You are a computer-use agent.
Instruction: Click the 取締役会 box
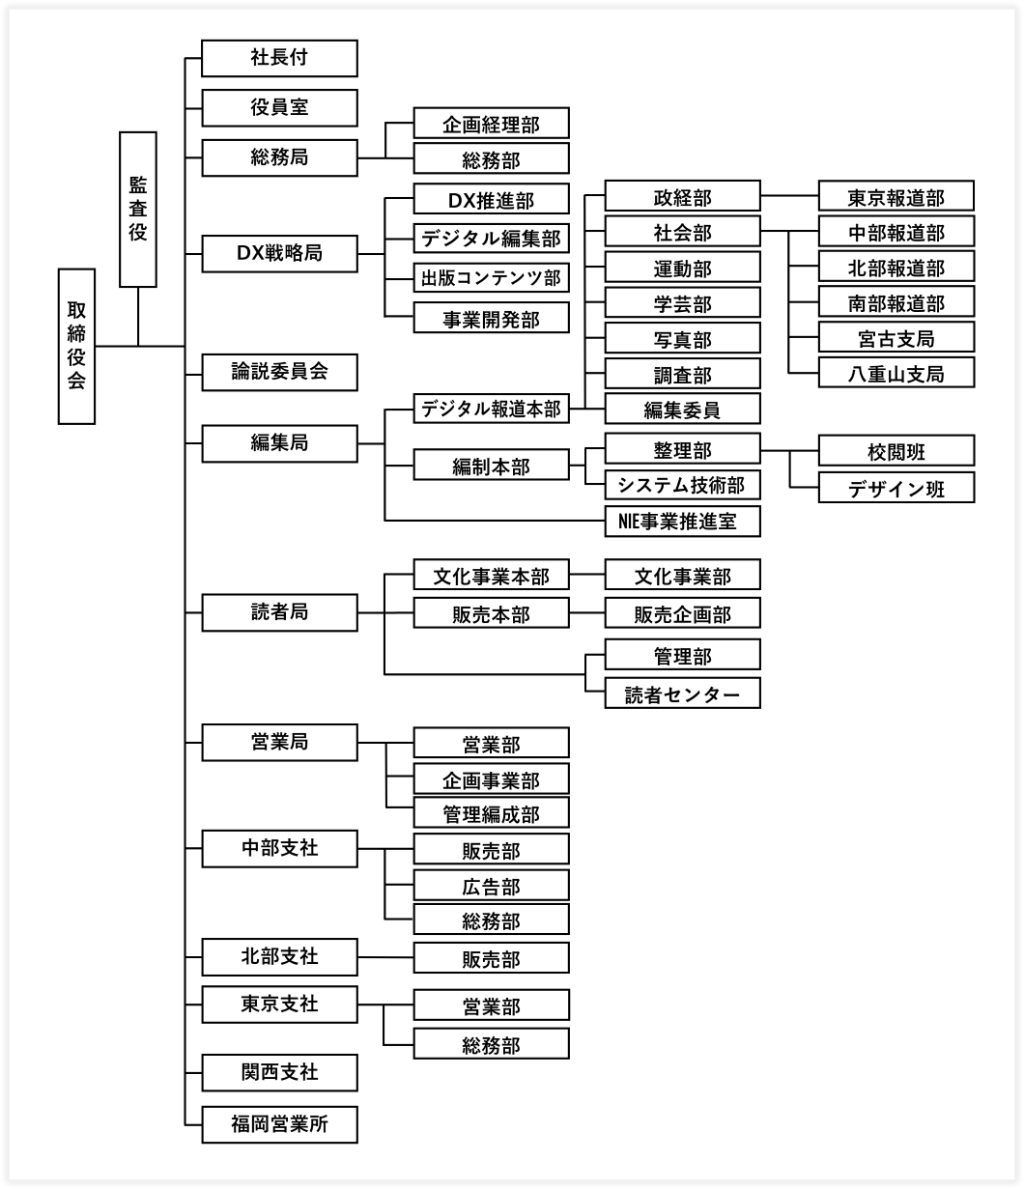coord(76,346)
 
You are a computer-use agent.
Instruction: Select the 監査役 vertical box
coord(138,210)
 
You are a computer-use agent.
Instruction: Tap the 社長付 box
coord(279,58)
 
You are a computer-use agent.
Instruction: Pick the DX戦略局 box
coord(279,254)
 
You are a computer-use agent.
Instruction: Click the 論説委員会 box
coord(279,372)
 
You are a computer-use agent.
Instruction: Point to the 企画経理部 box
coord(492,123)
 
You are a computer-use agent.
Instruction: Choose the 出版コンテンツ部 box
coord(492,278)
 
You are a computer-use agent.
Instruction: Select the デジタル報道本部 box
coord(492,409)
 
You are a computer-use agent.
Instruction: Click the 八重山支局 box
coord(896,372)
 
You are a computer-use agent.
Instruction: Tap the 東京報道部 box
coord(896,195)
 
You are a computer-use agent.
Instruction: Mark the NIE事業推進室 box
coord(682,522)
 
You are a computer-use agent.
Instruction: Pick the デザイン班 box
coord(896,487)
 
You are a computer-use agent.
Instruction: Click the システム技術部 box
coord(682,484)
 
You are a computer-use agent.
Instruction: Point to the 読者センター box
coord(682,693)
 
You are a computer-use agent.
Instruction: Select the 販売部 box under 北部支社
coord(492,957)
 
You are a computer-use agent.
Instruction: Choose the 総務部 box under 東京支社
coord(492,1043)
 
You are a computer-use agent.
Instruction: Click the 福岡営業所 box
coord(279,1124)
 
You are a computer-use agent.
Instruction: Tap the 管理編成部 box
coord(492,811)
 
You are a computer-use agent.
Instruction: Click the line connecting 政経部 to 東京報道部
coord(789,195)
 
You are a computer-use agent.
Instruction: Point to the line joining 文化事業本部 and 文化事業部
coord(586,574)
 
